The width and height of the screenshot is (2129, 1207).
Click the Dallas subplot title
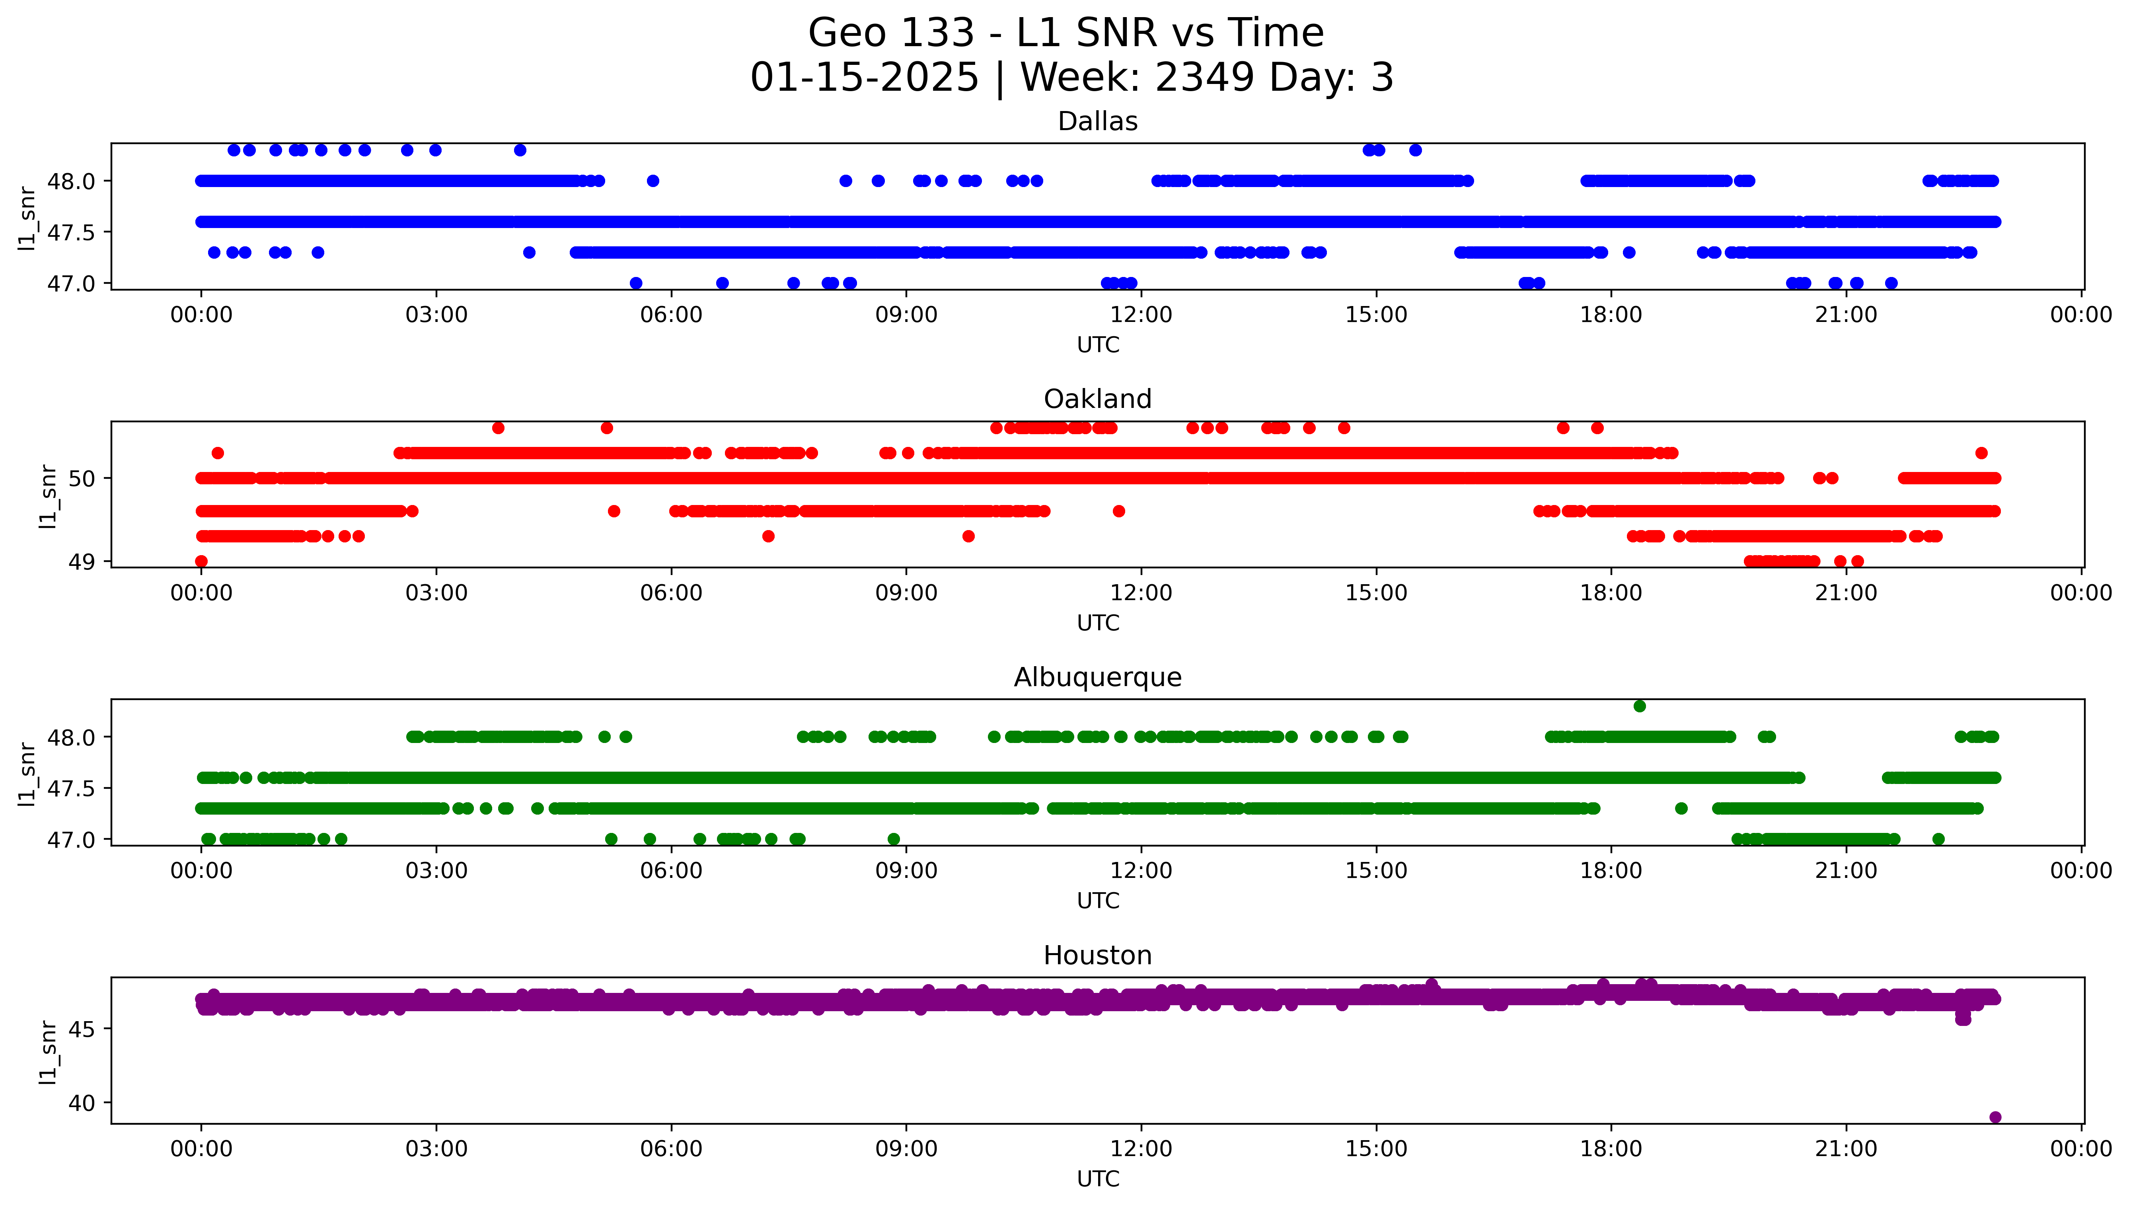click(1097, 122)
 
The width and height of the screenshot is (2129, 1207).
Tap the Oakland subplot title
click(1097, 400)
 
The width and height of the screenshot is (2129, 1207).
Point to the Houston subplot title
click(1097, 956)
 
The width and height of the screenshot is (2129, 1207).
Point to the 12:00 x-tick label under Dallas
click(1141, 315)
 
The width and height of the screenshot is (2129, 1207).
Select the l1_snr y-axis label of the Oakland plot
click(48, 496)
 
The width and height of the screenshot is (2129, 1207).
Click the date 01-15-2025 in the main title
click(864, 78)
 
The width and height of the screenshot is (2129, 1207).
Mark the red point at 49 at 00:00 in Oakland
click(201, 561)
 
